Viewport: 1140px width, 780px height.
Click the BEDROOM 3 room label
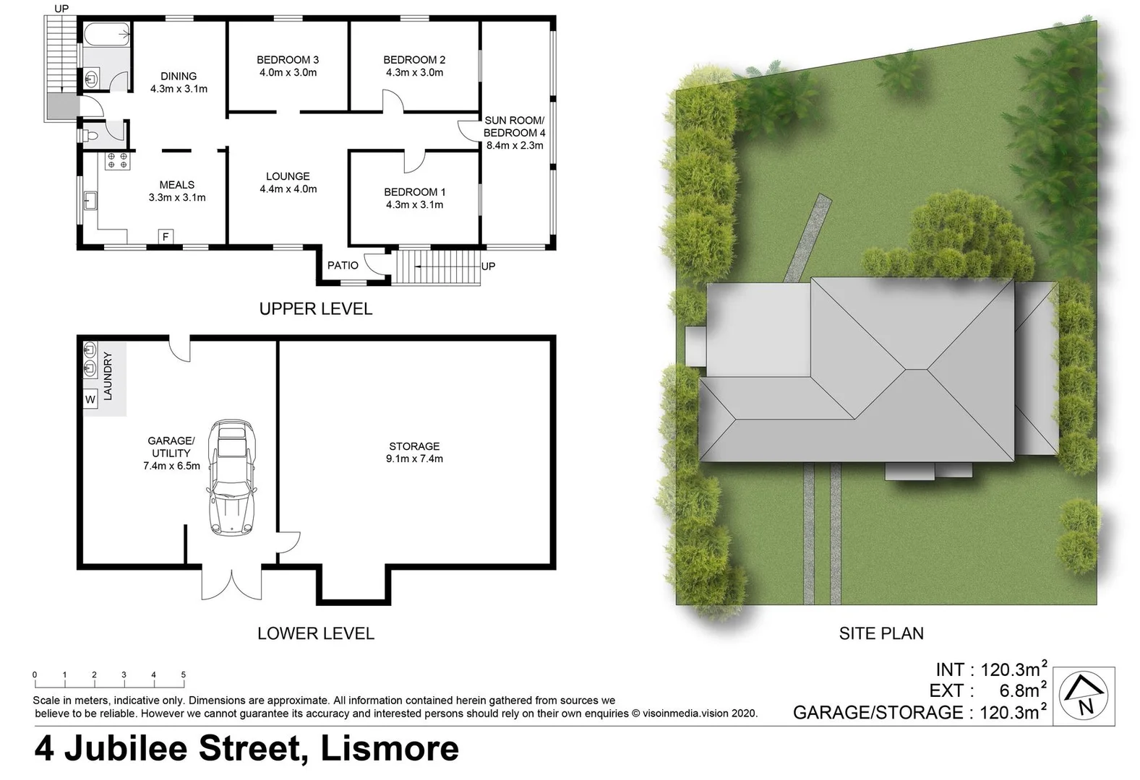pyautogui.click(x=288, y=60)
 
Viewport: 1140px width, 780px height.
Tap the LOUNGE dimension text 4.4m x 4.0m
pyautogui.click(x=288, y=189)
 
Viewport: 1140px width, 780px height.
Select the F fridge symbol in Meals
pyautogui.click(x=166, y=237)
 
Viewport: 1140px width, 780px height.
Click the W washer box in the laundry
pyautogui.click(x=90, y=399)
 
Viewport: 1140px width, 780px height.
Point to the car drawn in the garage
pyautogui.click(x=232, y=477)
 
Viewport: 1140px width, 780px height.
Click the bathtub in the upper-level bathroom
pyautogui.click(x=106, y=34)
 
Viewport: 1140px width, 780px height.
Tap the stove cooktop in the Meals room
pyautogui.click(x=118, y=160)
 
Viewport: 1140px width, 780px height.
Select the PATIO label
pyautogui.click(x=343, y=266)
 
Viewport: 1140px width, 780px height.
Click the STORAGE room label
pyautogui.click(x=414, y=446)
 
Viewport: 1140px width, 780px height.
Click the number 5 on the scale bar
pyautogui.click(x=184, y=675)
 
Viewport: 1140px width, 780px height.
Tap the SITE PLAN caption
pyautogui.click(x=881, y=633)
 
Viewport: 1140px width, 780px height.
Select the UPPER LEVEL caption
pyautogui.click(x=316, y=309)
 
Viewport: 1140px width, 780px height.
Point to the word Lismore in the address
pyautogui.click(x=389, y=748)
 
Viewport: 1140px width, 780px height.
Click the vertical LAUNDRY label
pyautogui.click(x=108, y=376)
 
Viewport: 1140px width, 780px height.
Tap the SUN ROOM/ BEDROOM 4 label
pyautogui.click(x=514, y=127)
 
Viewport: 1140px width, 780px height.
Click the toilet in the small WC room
pyautogui.click(x=92, y=135)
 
